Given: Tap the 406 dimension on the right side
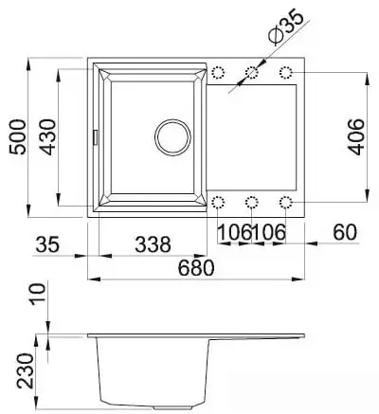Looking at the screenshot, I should point(355,136).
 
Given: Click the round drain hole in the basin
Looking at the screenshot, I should point(173,135).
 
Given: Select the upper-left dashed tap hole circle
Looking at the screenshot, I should point(220,73).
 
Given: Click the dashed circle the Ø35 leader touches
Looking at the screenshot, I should point(253,73).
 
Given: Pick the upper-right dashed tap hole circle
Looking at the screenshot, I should point(286,73).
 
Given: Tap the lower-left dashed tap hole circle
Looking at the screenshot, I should point(220,201).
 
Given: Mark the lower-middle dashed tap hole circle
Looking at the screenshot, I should point(253,201).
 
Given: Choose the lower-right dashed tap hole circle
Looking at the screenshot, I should point(286,201).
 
